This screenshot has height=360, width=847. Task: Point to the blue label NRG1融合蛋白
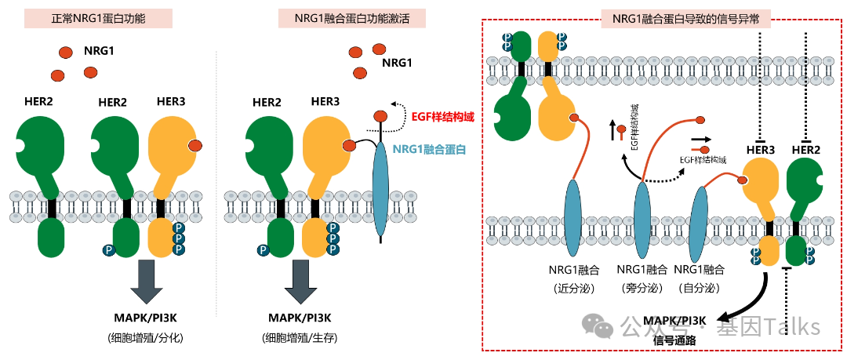[x=430, y=149]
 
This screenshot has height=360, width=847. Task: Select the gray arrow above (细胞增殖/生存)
[x=300, y=278]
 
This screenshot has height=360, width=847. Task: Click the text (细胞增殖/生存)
[x=300, y=338]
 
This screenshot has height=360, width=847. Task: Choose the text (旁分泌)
[x=642, y=287]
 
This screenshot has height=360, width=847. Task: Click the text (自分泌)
[x=701, y=287]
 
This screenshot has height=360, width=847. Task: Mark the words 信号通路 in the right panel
[x=674, y=340]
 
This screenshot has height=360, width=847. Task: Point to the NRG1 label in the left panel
[x=100, y=52]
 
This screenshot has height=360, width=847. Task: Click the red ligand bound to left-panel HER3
[x=195, y=145]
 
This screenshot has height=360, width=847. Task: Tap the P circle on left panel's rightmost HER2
[x=107, y=250]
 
